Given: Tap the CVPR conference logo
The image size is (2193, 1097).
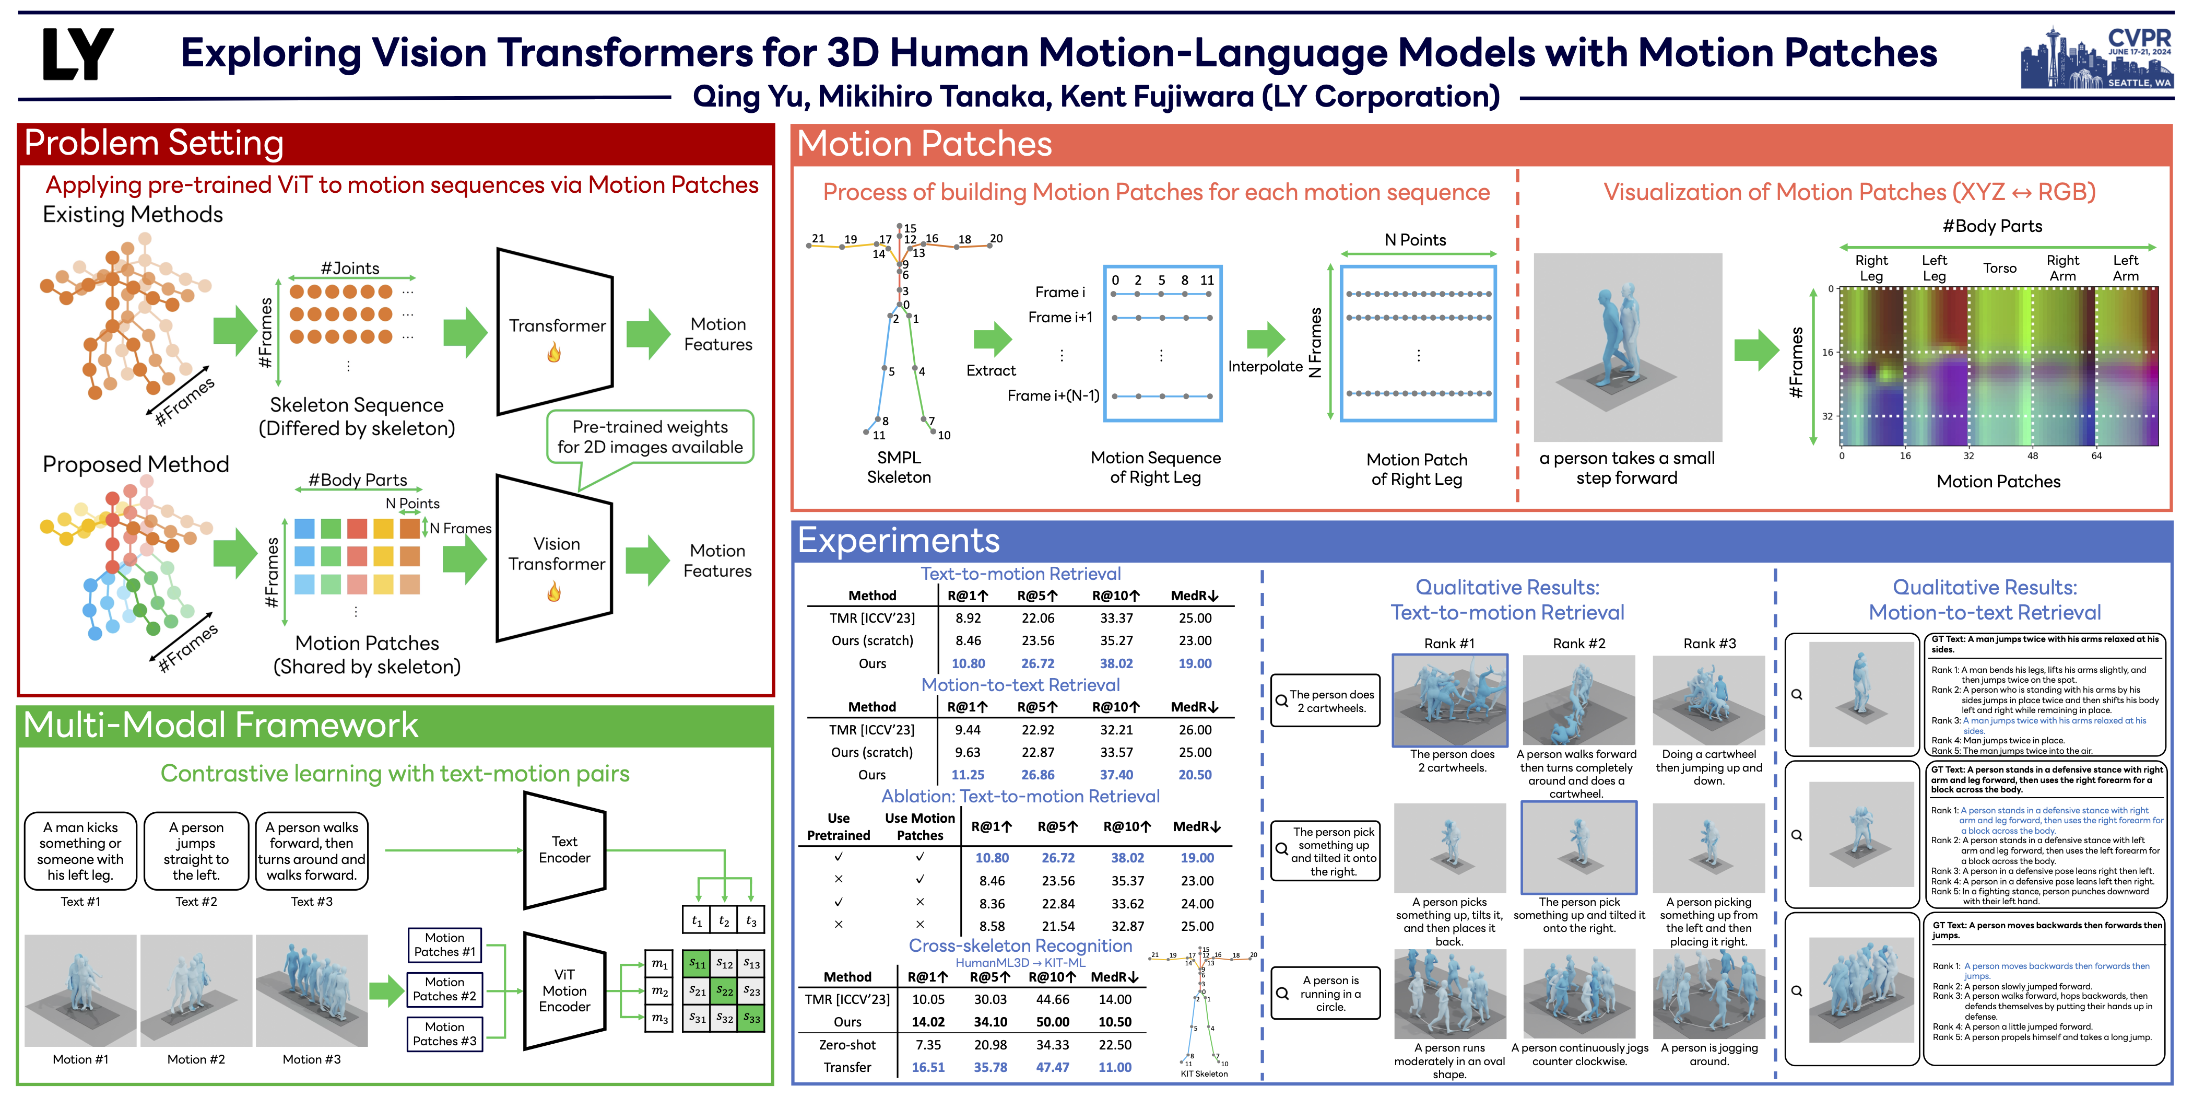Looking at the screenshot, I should (x=2096, y=58).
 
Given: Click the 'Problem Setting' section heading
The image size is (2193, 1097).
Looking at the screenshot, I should (x=154, y=143).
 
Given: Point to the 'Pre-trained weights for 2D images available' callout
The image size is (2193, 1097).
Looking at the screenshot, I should (x=650, y=437).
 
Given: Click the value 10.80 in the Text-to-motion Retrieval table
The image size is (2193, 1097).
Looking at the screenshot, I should (x=968, y=663).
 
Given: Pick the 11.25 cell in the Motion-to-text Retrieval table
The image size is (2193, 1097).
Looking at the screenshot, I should (x=968, y=775).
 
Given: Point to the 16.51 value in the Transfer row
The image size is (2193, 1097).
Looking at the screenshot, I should (x=928, y=1067).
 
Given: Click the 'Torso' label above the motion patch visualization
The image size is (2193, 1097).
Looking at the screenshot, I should (x=2000, y=269).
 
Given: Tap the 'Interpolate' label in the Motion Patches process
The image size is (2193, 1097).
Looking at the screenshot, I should (x=1265, y=366).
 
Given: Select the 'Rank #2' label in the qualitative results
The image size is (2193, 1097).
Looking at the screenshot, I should (x=1578, y=644).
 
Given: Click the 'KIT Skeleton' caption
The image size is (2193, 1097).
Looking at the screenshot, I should (x=1204, y=1074).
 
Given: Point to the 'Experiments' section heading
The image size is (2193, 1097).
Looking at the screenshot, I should (x=898, y=541).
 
